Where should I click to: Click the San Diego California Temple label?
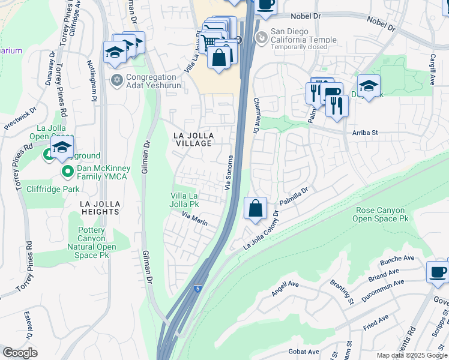(x=303, y=36)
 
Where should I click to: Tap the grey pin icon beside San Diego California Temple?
(x=261, y=37)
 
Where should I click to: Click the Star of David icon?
(x=117, y=80)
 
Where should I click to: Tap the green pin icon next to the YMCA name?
(x=67, y=172)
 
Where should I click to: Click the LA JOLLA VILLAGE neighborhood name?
(x=193, y=139)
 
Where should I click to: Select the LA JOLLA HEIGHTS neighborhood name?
(x=100, y=208)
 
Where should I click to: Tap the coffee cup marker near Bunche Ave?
(x=437, y=271)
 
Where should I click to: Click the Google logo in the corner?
(x=20, y=352)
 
